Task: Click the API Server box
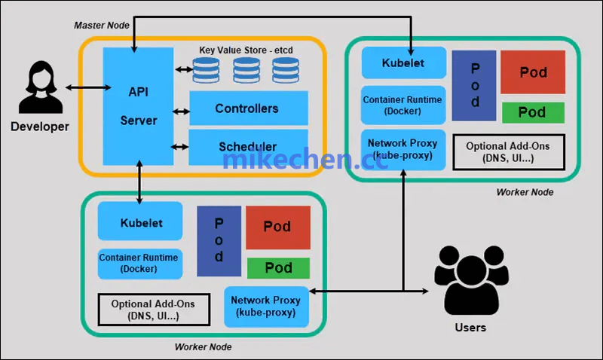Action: pyautogui.click(x=138, y=105)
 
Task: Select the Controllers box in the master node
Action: pyautogui.click(x=248, y=108)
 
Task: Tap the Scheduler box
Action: pyautogui.click(x=248, y=147)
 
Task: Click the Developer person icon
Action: pyautogui.click(x=39, y=89)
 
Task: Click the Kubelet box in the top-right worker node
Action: pyautogui.click(x=403, y=63)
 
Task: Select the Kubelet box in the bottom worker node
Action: pyautogui.click(x=139, y=223)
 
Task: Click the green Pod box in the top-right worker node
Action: pyautogui.click(x=532, y=112)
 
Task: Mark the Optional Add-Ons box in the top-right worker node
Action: pyautogui.click(x=508, y=152)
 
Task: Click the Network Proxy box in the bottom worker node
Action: pyautogui.click(x=265, y=306)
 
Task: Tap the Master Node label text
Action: pyautogui.click(x=102, y=26)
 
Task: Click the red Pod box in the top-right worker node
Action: pyautogui.click(x=532, y=73)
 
